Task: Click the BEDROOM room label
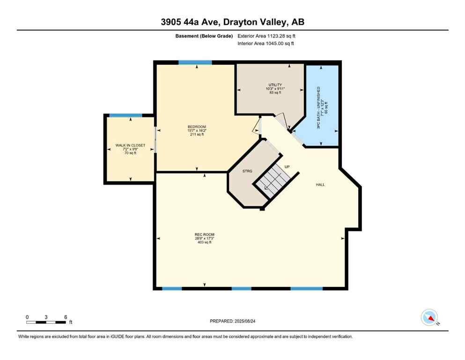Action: pyautogui.click(x=197, y=127)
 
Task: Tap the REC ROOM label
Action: pyautogui.click(x=205, y=234)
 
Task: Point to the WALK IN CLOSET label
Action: pyautogui.click(x=130, y=145)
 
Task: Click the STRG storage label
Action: pyautogui.click(x=247, y=171)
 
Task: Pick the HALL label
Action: pyautogui.click(x=320, y=185)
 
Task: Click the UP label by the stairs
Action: pyautogui.click(x=287, y=166)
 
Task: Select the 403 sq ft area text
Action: pyautogui.click(x=205, y=243)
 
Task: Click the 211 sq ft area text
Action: pyautogui.click(x=197, y=135)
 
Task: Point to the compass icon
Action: pyautogui.click(x=429, y=317)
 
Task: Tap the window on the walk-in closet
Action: pyautogui.click(x=125, y=115)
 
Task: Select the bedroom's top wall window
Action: pyautogui.click(x=195, y=62)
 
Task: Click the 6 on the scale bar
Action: pyautogui.click(x=65, y=317)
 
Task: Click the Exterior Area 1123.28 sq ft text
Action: pyautogui.click(x=267, y=36)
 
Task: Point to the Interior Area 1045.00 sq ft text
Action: pyautogui.click(x=267, y=44)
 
